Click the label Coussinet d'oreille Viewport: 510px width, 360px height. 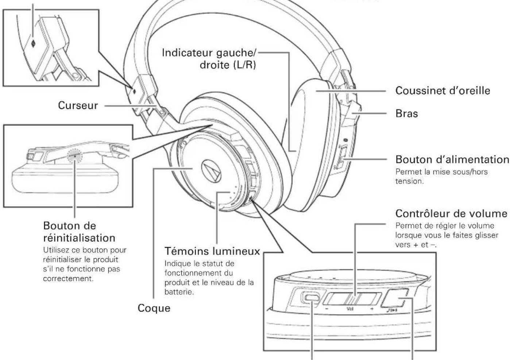[x=443, y=91]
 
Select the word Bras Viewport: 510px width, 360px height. [x=406, y=113]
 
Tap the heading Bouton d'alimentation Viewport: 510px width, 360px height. [x=452, y=159]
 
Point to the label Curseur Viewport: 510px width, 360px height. [x=78, y=106]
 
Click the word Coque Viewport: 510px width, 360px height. [x=154, y=308]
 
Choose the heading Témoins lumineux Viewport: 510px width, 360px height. [x=212, y=251]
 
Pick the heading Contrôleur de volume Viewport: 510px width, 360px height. [x=451, y=213]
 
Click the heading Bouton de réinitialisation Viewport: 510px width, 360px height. [x=79, y=232]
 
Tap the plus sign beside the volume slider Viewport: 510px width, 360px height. [x=372, y=309]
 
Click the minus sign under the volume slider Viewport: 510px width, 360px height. [x=327, y=309]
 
